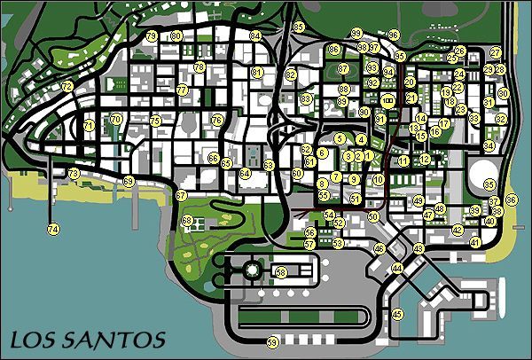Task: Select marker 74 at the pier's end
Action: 53,229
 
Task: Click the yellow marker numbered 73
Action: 74,172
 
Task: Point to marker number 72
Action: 67,86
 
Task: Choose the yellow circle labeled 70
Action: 115,119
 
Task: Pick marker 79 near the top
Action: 153,35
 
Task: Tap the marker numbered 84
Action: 255,35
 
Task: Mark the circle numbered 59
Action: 272,341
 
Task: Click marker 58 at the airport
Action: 281,271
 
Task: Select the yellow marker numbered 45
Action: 397,313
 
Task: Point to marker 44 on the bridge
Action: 397,267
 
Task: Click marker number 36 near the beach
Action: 511,200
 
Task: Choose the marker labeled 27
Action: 496,53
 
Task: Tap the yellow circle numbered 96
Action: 394,35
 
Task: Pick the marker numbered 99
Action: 356,33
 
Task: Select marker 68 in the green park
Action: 187,220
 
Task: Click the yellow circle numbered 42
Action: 458,230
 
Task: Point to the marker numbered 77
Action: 182,90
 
